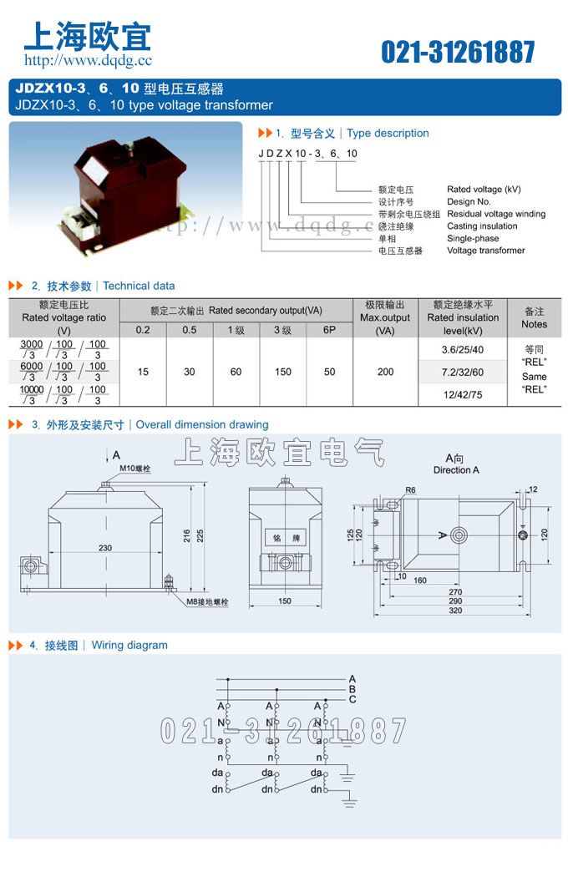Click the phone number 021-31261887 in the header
point(458,52)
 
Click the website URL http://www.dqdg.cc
point(88,60)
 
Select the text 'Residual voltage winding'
point(495,214)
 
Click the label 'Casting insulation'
point(482,226)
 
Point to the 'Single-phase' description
point(473,238)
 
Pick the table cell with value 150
point(283,372)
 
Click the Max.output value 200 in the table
point(385,372)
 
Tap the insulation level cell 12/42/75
point(462,393)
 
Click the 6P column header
point(329,330)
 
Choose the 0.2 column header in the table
point(143,330)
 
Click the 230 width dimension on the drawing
point(105,548)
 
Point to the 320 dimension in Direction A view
point(455,611)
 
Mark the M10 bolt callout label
point(133,469)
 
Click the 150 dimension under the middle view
point(284,601)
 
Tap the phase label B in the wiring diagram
point(352,689)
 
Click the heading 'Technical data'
point(139,286)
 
